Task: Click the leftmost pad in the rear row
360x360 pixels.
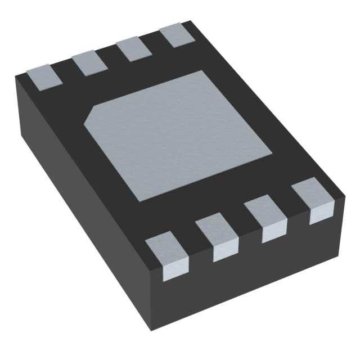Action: point(42,76)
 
